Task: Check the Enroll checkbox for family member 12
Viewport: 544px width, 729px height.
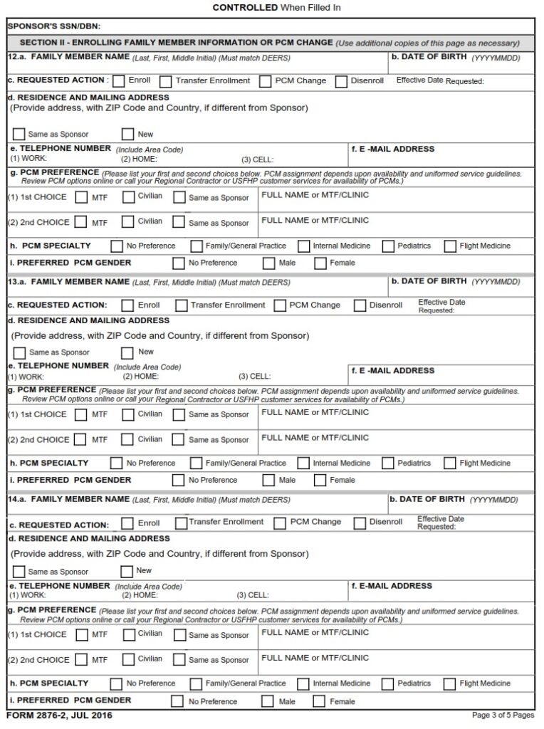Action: (x=120, y=81)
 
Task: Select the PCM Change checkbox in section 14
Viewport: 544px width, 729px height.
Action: (x=281, y=523)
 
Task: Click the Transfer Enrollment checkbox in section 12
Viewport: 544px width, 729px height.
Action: (x=165, y=81)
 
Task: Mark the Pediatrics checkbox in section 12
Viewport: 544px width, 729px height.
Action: (x=388, y=246)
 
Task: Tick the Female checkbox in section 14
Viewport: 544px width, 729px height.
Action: (x=320, y=701)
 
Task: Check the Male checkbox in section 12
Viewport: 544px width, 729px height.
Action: (x=268, y=263)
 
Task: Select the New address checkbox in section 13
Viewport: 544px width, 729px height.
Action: (x=127, y=352)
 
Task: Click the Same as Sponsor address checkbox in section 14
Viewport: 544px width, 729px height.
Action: (x=19, y=571)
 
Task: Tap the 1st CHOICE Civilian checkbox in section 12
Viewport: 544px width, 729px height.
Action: (x=128, y=197)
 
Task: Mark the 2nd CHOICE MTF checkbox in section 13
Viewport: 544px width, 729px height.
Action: (x=81, y=440)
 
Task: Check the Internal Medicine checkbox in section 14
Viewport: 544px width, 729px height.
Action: (x=303, y=683)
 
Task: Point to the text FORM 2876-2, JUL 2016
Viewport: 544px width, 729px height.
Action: (x=60, y=715)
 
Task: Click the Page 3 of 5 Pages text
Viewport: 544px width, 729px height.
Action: (x=503, y=715)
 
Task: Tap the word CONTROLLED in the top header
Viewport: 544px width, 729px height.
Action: (x=245, y=7)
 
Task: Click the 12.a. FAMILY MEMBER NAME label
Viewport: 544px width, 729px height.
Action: (x=69, y=56)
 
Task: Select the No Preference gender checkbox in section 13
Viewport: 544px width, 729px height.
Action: (x=178, y=481)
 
